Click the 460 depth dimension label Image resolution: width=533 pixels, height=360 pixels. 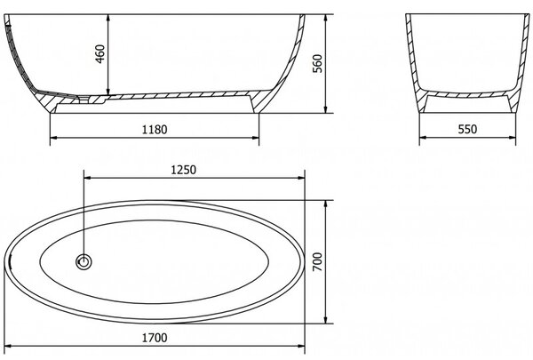pyautogui.click(x=100, y=53)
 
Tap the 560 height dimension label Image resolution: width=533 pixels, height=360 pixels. pyautogui.click(x=317, y=64)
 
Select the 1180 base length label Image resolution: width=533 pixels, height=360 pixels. pyautogui.click(x=155, y=130)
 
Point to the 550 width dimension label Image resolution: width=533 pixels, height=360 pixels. pyautogui.click(x=467, y=129)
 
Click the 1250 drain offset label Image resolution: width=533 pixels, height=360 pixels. pyautogui.click(x=183, y=170)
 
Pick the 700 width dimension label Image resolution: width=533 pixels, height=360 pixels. pyautogui.click(x=317, y=261)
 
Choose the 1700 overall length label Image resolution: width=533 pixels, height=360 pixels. pyautogui.click(x=155, y=338)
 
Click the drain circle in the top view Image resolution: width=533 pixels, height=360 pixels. pyautogui.click(x=84, y=262)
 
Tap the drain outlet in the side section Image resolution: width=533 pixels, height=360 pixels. pyautogui.click(x=84, y=99)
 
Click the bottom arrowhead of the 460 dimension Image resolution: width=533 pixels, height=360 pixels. pyautogui.click(x=107, y=92)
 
